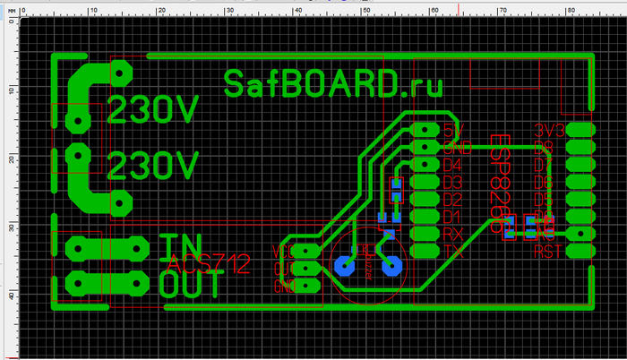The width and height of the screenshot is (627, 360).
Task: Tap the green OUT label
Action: tap(189, 283)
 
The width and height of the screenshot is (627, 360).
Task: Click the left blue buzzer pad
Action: tap(343, 266)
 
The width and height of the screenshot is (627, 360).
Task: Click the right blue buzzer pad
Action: tap(390, 266)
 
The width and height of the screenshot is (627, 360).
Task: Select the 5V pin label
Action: tap(452, 130)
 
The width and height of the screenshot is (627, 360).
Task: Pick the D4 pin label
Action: tap(452, 165)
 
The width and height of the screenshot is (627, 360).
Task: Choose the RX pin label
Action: tap(452, 234)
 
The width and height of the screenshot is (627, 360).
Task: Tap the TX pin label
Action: tap(452, 252)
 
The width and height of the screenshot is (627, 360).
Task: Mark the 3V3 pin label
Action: tap(548, 130)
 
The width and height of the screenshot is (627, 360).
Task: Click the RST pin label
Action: tap(548, 252)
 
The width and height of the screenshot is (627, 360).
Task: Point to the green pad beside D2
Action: tap(424, 199)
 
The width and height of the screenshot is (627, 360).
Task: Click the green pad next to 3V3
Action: tap(580, 130)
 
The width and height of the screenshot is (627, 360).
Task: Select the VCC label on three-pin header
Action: tap(283, 250)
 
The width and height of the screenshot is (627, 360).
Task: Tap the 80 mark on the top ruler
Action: tap(571, 9)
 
